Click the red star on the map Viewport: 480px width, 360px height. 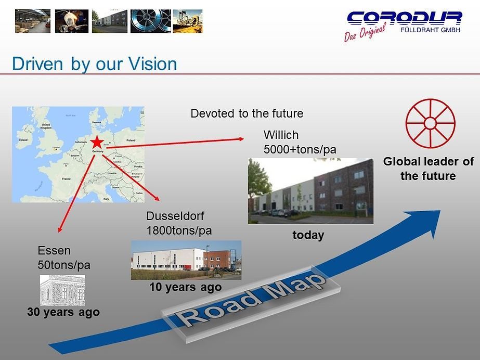click(x=97, y=142)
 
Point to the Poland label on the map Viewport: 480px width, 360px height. click(x=130, y=140)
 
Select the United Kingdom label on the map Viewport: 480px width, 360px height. click(x=46, y=126)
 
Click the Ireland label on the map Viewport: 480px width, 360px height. click(x=23, y=140)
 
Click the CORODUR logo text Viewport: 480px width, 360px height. click(x=404, y=18)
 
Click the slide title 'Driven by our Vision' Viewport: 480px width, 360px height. click(x=94, y=64)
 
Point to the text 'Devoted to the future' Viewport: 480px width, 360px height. click(x=247, y=113)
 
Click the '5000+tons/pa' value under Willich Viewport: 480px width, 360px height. click(x=300, y=150)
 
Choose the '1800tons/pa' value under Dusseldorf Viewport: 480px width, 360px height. click(x=179, y=230)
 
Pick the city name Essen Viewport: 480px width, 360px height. click(x=54, y=251)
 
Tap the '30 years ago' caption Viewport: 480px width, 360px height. click(x=63, y=312)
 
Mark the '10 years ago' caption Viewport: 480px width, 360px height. click(x=186, y=287)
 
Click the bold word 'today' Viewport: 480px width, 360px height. click(x=308, y=235)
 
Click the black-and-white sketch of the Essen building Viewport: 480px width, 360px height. click(x=62, y=290)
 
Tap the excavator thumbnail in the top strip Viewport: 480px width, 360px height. click(x=187, y=21)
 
